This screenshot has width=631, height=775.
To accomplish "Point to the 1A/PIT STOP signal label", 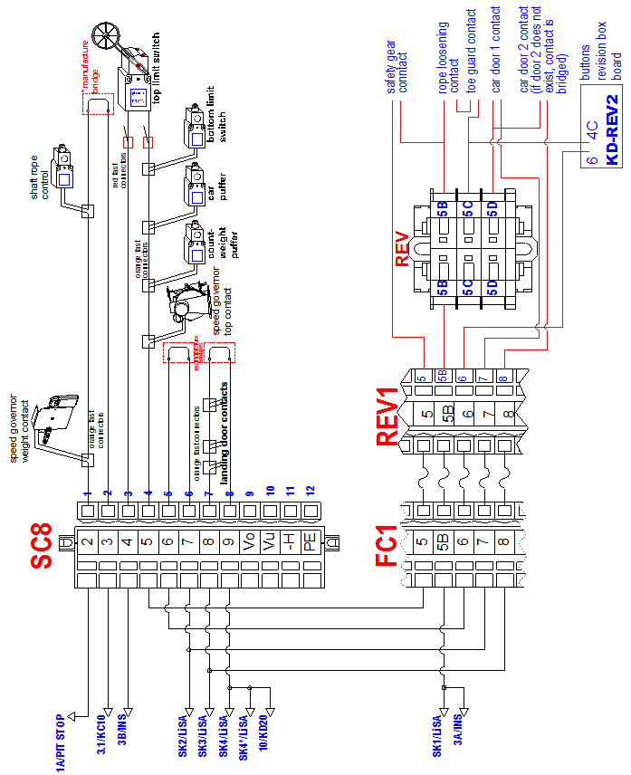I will click(62, 739).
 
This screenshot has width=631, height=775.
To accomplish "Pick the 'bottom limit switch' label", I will click(217, 124).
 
